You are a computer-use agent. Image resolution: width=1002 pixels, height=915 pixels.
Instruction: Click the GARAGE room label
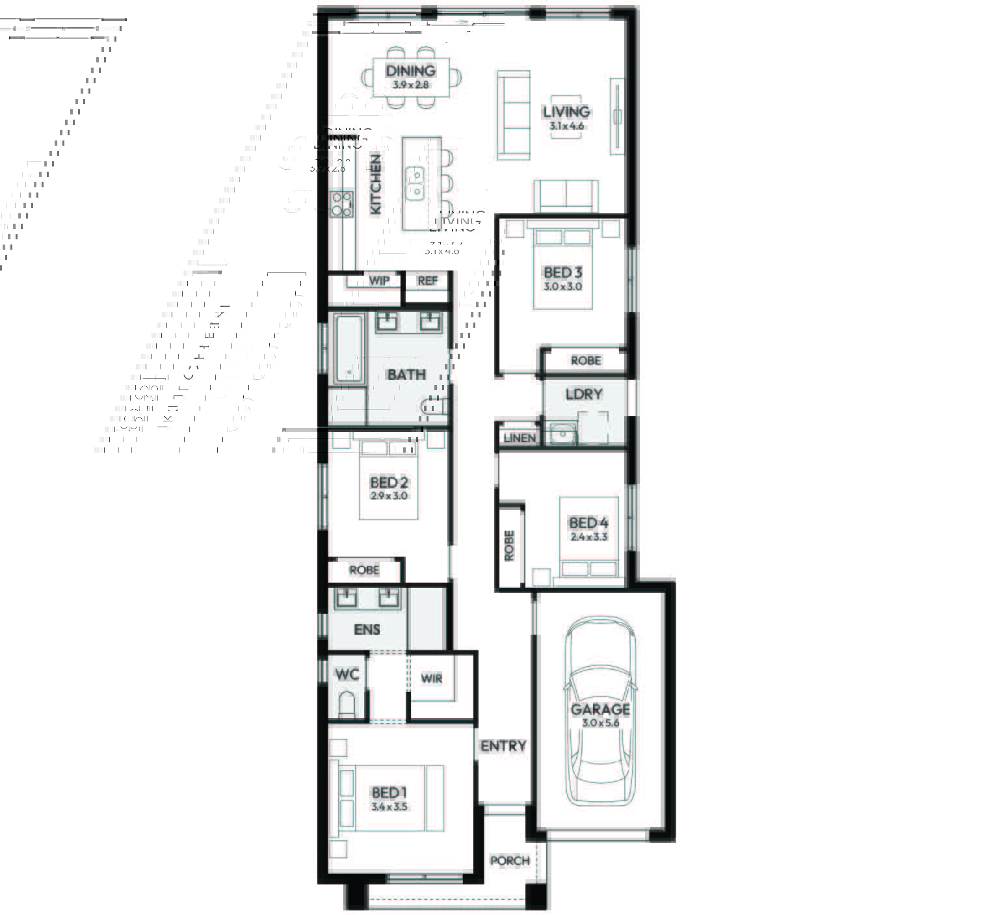600,709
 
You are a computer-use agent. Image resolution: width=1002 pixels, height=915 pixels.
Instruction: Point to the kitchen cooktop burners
341,204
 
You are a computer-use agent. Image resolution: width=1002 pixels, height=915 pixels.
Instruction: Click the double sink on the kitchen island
414,183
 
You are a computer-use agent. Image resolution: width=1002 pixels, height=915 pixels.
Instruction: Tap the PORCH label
510,860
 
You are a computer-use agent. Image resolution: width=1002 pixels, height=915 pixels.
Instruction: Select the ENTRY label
503,746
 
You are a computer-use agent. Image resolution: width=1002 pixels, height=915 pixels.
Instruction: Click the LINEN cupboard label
520,438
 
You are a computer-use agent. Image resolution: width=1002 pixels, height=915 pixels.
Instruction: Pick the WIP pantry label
379,280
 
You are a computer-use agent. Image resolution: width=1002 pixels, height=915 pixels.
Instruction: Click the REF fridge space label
427,281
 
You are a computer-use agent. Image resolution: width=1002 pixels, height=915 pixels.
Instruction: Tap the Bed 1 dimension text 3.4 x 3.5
389,807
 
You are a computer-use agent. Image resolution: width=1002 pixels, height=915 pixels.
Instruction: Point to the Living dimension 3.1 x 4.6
566,126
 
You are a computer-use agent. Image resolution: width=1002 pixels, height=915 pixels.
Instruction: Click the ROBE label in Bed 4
509,546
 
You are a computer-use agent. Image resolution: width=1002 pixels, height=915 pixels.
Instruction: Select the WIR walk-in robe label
432,679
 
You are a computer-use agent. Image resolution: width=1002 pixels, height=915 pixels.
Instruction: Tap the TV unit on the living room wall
616,117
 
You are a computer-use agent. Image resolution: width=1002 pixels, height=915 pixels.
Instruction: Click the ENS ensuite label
367,630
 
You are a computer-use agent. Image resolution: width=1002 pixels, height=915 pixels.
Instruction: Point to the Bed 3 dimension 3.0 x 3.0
562,286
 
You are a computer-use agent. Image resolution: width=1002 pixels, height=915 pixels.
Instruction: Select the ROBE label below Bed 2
364,570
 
